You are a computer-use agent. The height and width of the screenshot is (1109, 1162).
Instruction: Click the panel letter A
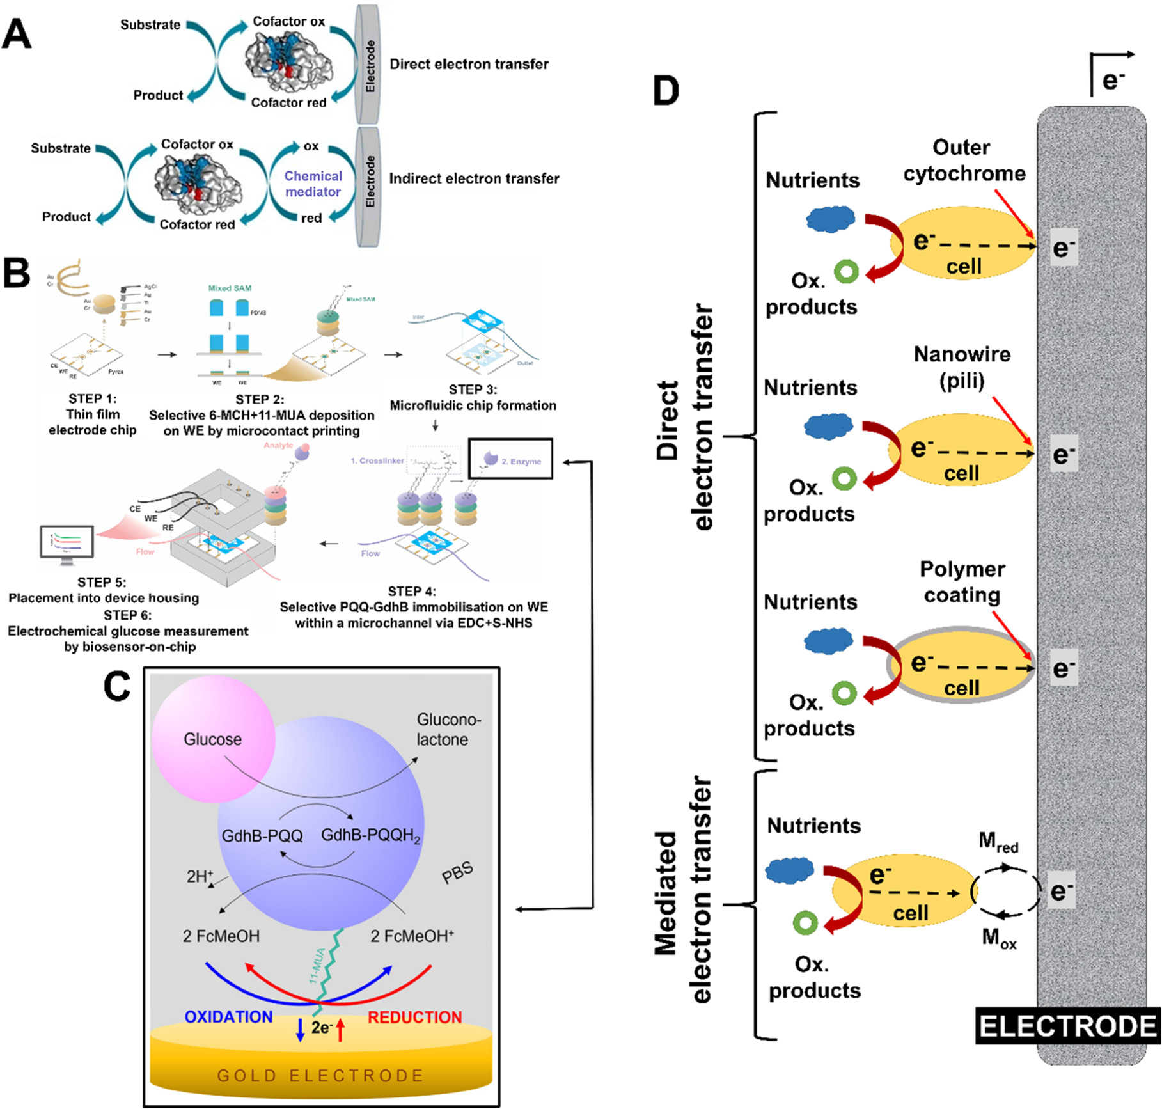(x=17, y=34)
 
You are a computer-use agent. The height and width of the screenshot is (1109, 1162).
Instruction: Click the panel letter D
(x=666, y=91)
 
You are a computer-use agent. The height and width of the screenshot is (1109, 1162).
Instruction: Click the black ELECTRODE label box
(x=1067, y=1026)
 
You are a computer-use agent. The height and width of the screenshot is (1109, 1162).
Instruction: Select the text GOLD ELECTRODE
(x=320, y=1076)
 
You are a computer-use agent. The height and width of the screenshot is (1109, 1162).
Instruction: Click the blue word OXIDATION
(x=228, y=1017)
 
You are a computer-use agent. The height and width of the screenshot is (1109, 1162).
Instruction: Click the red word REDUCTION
(x=414, y=1018)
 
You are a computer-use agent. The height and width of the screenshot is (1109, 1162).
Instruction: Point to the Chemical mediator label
(x=313, y=184)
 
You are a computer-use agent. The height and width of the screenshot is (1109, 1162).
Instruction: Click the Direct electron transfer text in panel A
(x=469, y=64)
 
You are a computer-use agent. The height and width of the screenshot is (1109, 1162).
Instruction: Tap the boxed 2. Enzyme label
(x=510, y=459)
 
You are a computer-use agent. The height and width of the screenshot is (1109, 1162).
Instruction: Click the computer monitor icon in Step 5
(x=67, y=544)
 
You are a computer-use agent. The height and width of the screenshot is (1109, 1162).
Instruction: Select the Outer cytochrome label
(x=963, y=161)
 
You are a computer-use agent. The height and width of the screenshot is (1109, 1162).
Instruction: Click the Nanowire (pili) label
(x=962, y=367)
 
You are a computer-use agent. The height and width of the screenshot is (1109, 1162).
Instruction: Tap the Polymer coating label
(x=962, y=581)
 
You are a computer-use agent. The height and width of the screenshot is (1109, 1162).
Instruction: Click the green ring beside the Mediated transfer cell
(x=805, y=922)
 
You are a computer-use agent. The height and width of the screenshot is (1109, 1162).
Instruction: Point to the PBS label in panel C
(x=457, y=872)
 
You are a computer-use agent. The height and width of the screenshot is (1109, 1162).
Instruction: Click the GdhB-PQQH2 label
(x=370, y=836)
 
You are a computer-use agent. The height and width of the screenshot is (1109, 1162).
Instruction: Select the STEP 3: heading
(x=473, y=389)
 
